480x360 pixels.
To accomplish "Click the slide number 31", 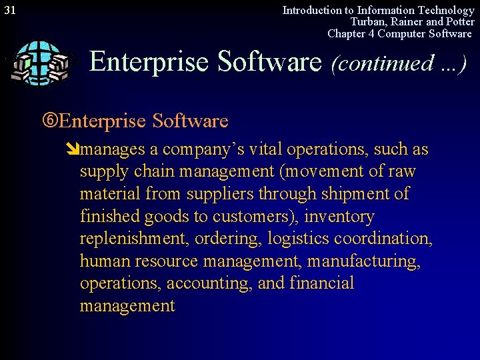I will coord(10,10).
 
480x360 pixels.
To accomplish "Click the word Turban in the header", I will coord(361,21).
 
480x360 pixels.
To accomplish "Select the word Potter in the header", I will coord(459,21).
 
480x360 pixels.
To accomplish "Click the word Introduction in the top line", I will coord(312,10).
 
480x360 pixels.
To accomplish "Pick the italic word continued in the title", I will coord(384,63).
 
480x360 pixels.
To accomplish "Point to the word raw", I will coord(401,171).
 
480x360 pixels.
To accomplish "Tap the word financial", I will coord(322,284).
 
